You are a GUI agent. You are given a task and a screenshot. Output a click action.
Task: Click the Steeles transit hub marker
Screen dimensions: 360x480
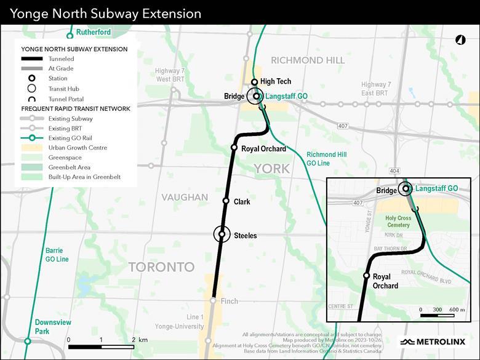[x=222, y=235]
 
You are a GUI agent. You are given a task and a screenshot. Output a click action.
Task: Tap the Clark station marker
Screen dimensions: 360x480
[x=226, y=201]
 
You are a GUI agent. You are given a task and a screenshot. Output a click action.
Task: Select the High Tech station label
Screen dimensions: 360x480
[x=275, y=81]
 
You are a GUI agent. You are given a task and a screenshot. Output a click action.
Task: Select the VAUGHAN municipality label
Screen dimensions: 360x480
[x=185, y=197]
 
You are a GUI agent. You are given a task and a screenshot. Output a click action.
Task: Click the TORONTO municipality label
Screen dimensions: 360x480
[x=161, y=267]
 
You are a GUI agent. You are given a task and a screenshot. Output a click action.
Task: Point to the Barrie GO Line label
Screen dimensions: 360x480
[x=57, y=255]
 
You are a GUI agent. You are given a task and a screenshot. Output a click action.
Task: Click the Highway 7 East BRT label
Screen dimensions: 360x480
[x=375, y=89]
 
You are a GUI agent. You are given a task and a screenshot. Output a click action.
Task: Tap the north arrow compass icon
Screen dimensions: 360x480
[x=460, y=40]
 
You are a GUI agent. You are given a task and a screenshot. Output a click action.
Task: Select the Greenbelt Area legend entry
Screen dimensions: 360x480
[x=69, y=167]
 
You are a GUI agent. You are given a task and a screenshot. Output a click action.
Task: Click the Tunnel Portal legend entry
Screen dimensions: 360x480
[x=66, y=98]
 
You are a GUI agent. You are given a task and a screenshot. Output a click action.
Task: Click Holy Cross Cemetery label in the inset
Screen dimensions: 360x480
[x=397, y=222]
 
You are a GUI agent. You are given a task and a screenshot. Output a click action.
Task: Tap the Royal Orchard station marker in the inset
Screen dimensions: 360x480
[x=367, y=276]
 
